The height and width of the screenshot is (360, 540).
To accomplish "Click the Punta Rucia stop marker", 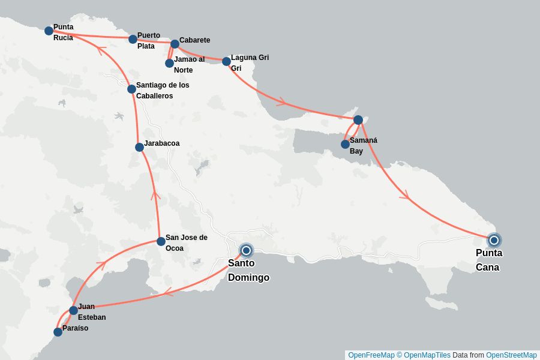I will click(x=49, y=31).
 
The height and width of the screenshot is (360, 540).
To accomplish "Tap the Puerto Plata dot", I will click(x=133, y=39).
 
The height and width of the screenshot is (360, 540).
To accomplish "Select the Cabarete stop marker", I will click(x=175, y=44).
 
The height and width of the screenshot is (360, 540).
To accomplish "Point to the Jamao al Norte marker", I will click(x=169, y=63).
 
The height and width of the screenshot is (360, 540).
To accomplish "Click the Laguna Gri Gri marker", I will click(x=226, y=61).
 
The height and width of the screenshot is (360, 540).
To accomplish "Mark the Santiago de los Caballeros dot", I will click(x=131, y=89).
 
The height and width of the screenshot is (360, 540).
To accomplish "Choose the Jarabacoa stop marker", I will click(x=139, y=147).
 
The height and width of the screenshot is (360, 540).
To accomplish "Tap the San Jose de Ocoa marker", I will click(x=161, y=242).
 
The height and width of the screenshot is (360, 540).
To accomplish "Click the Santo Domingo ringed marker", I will click(x=246, y=250).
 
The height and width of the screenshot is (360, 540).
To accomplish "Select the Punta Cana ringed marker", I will click(x=494, y=241).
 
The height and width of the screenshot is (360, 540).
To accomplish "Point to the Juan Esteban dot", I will click(x=73, y=310).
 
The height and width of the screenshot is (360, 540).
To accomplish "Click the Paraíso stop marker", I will click(x=58, y=332).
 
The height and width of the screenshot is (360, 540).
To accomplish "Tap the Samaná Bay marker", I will click(x=345, y=144).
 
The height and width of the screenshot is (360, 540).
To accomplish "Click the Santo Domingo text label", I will click(x=248, y=271).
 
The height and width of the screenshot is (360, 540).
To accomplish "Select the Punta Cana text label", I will click(x=488, y=260).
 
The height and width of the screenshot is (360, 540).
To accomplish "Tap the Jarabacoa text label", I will click(x=161, y=143).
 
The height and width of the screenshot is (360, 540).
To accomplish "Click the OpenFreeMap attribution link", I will click(x=371, y=355).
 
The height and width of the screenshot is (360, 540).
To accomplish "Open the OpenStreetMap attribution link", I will click(x=511, y=355).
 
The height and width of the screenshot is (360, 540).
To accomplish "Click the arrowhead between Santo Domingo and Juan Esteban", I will click(x=167, y=292).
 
